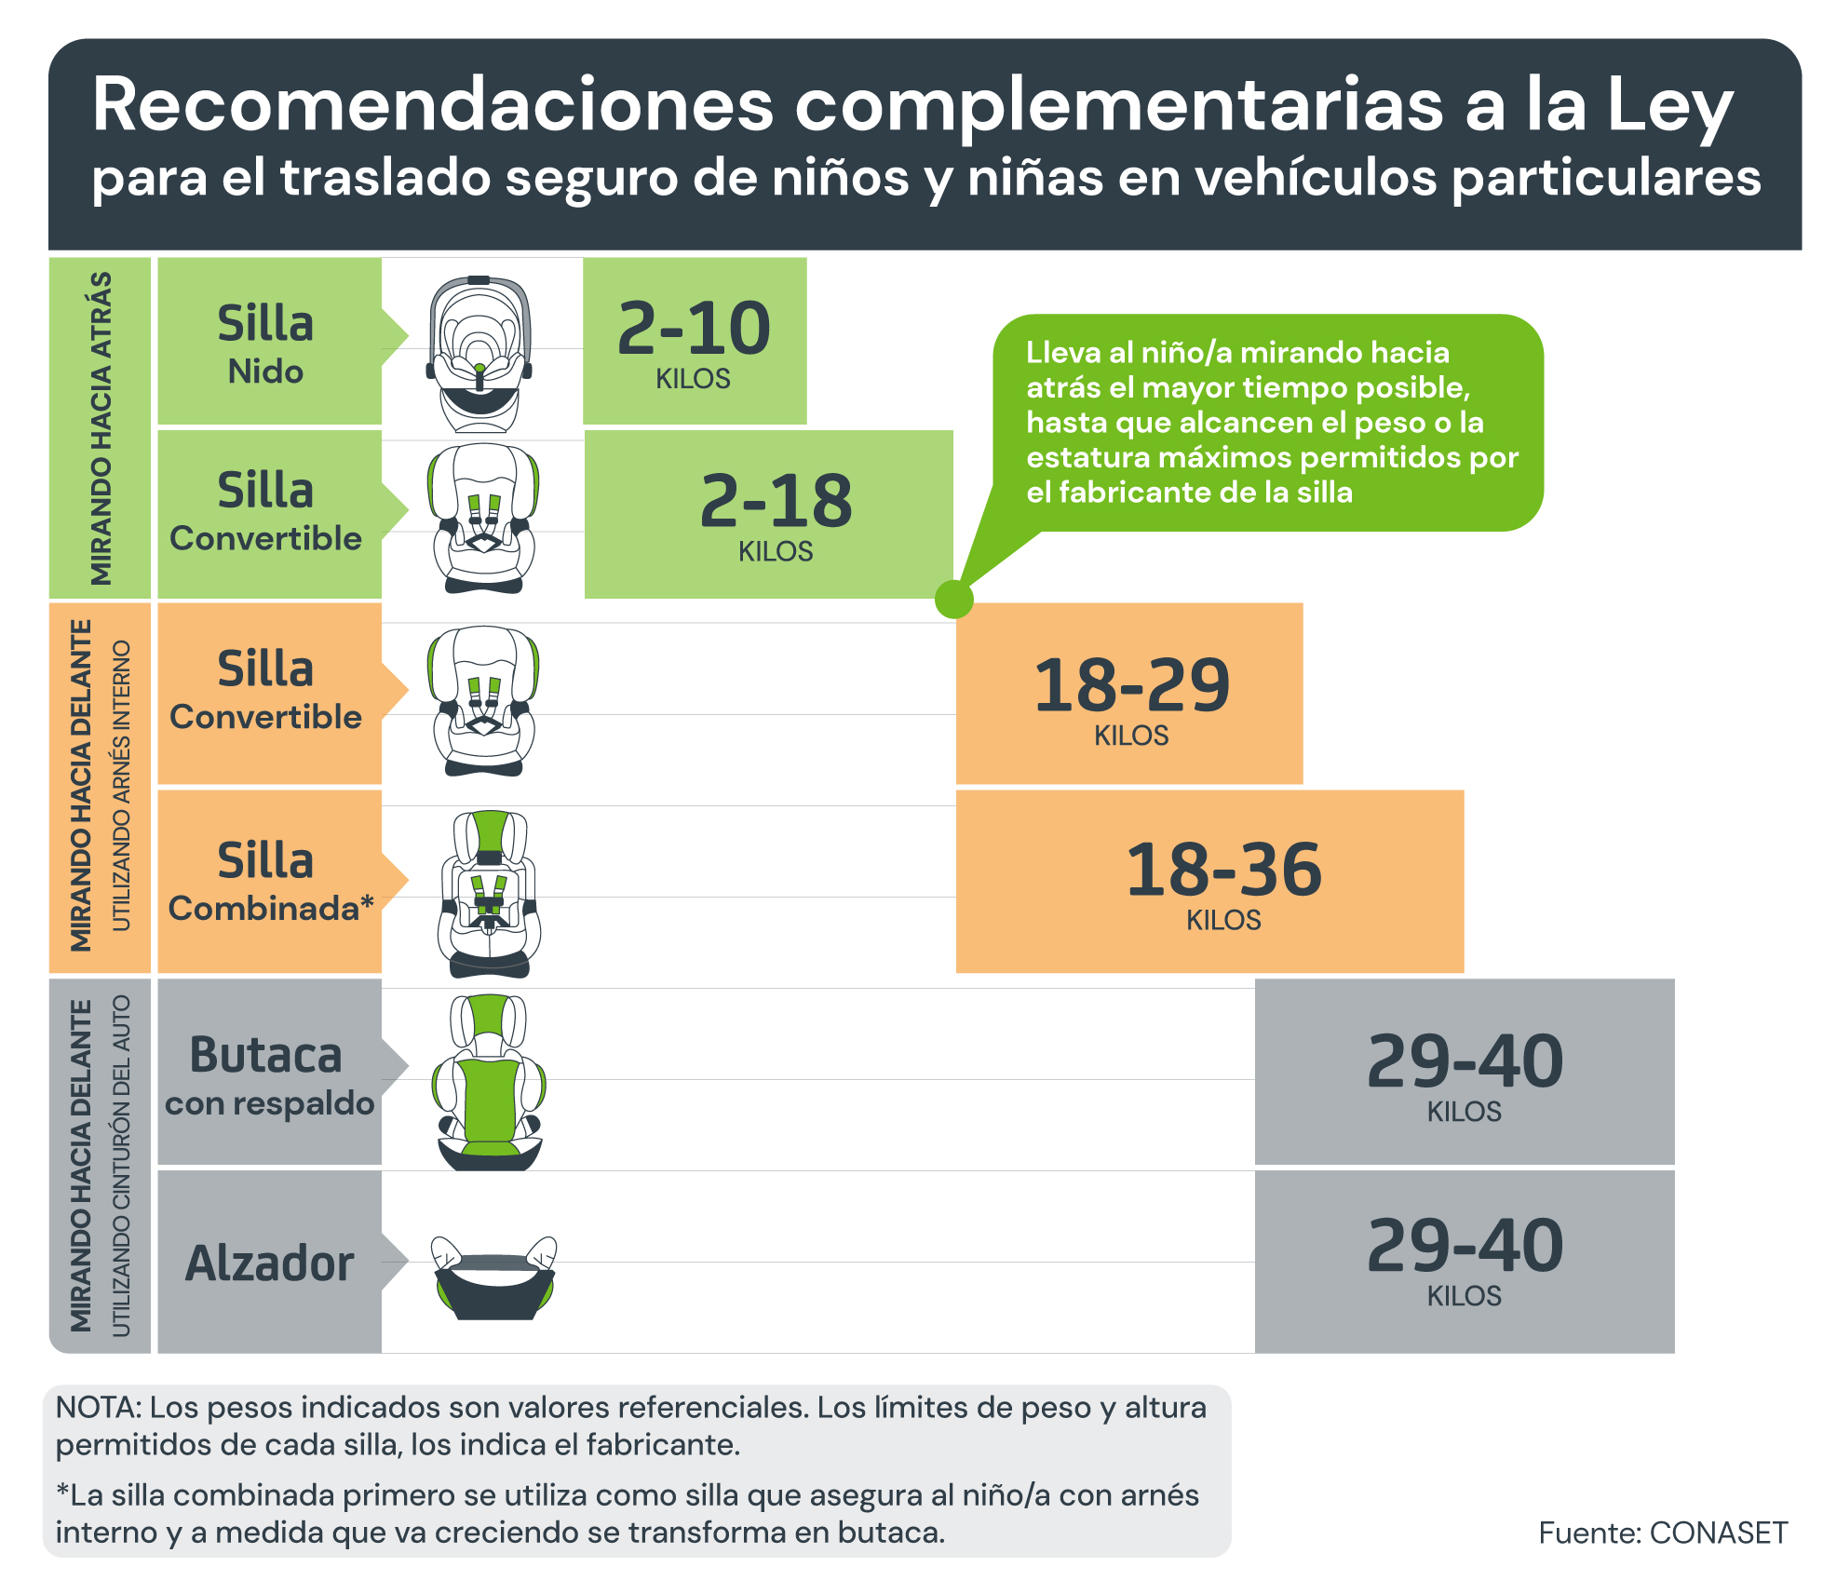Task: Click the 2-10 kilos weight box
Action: tap(695, 341)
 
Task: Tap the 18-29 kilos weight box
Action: tap(1129, 694)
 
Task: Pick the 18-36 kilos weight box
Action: tap(1209, 881)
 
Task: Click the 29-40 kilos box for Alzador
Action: tap(1465, 1261)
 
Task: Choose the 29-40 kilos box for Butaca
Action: tap(1465, 1072)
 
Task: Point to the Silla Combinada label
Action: tap(269, 881)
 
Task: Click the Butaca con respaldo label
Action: tap(269, 1072)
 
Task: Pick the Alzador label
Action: tap(269, 1263)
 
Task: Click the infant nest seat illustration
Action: tap(479, 354)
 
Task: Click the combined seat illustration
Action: tap(489, 894)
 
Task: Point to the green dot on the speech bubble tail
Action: tap(953, 599)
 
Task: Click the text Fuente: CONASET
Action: tap(1663, 1533)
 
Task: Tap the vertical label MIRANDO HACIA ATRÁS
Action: tap(100, 428)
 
